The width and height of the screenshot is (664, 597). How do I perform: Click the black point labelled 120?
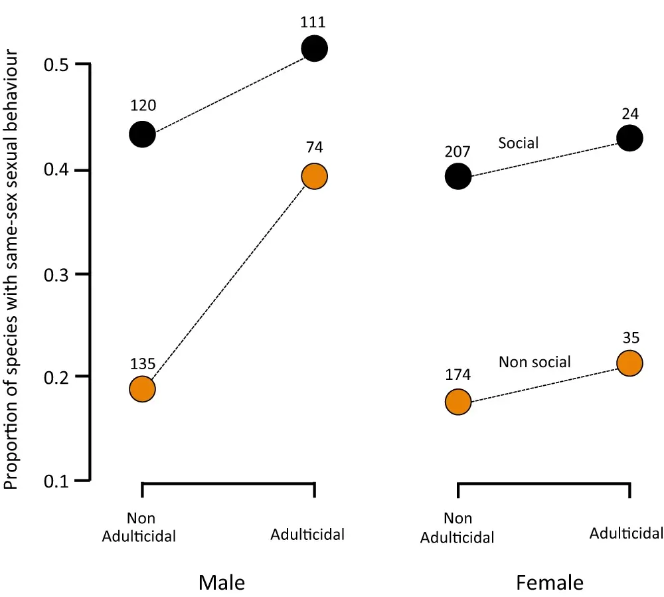tap(142, 135)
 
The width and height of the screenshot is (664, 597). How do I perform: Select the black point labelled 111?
tap(314, 48)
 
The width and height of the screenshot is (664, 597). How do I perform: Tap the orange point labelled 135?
tap(142, 388)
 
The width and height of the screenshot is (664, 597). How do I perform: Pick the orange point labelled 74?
tap(314, 176)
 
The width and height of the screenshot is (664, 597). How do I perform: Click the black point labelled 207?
tap(458, 176)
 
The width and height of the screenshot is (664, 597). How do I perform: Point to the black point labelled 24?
tap(629, 138)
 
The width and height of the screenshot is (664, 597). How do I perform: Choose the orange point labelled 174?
tap(458, 402)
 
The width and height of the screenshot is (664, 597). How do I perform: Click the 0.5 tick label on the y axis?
tap(56, 65)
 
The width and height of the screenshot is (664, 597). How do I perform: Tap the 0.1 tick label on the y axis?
tap(56, 481)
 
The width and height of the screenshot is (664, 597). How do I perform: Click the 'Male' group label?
tap(222, 583)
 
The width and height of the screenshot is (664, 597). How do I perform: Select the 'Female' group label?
tap(550, 583)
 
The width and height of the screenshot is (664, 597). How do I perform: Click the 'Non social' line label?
tap(535, 362)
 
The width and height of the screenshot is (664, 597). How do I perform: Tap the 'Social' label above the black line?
tap(519, 142)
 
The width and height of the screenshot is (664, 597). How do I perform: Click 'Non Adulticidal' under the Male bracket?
tap(139, 527)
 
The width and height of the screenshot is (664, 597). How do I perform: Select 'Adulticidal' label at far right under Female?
tap(626, 533)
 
